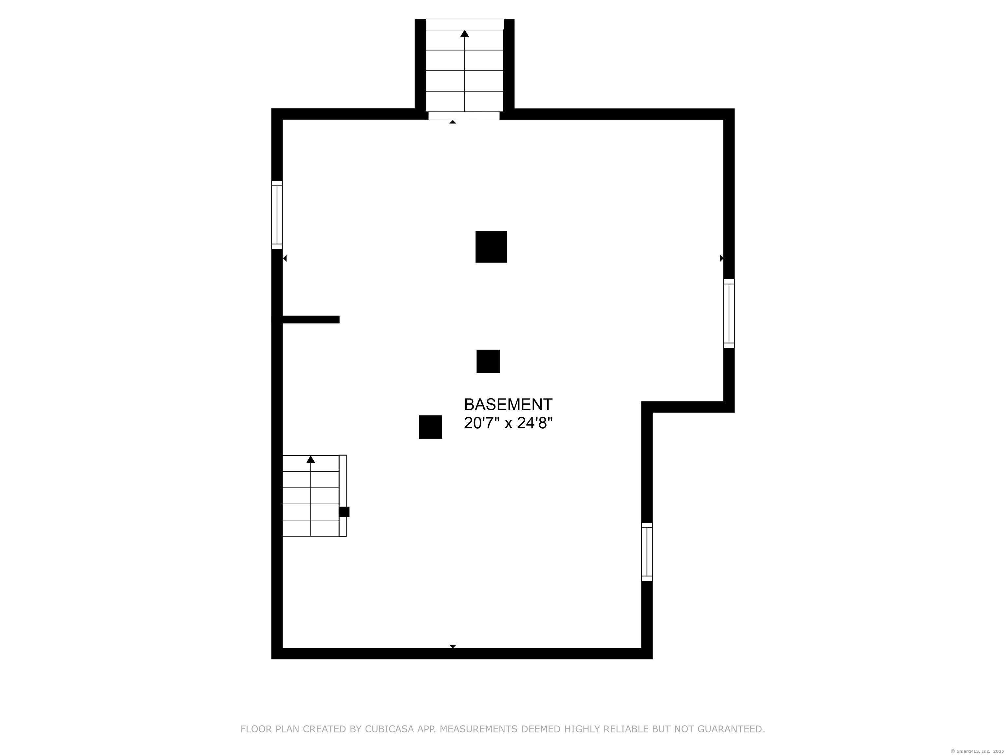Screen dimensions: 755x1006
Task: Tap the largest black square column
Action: click(x=491, y=247)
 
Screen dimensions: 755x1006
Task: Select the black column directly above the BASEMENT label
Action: click(x=488, y=361)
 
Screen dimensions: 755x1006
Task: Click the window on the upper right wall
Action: click(x=729, y=314)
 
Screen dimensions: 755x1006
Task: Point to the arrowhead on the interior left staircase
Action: click(x=311, y=459)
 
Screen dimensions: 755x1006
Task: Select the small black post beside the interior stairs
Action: click(x=344, y=512)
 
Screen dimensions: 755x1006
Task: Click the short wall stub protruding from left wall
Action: click(x=311, y=319)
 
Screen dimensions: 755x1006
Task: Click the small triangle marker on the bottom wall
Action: click(x=453, y=646)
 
